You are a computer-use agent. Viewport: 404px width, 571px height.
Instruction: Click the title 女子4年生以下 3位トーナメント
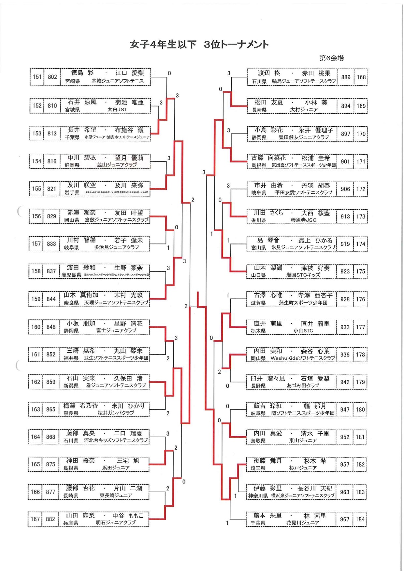(x=199, y=44)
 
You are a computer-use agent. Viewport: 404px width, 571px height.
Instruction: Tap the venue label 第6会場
(x=331, y=58)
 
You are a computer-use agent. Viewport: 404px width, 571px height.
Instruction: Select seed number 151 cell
(x=37, y=77)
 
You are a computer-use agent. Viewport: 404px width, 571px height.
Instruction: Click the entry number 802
(x=52, y=77)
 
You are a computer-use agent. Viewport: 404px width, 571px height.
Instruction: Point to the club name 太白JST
(x=117, y=110)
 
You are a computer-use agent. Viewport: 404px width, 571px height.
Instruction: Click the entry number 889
(x=346, y=77)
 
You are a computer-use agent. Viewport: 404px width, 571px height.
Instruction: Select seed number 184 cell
(x=360, y=519)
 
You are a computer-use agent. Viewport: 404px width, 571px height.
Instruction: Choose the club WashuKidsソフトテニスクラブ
(x=303, y=358)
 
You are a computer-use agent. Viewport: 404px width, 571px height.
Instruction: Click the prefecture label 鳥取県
(x=258, y=440)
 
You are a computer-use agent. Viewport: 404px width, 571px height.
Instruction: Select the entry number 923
(x=345, y=271)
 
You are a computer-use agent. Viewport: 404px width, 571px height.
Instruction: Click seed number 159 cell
(x=36, y=299)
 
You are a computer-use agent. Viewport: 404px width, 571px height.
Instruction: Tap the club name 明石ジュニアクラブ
(x=116, y=522)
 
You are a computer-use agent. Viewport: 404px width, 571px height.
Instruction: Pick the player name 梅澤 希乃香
(x=80, y=406)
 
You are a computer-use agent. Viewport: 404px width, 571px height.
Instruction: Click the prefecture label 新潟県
(x=71, y=385)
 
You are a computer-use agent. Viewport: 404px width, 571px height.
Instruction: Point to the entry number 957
(x=345, y=465)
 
